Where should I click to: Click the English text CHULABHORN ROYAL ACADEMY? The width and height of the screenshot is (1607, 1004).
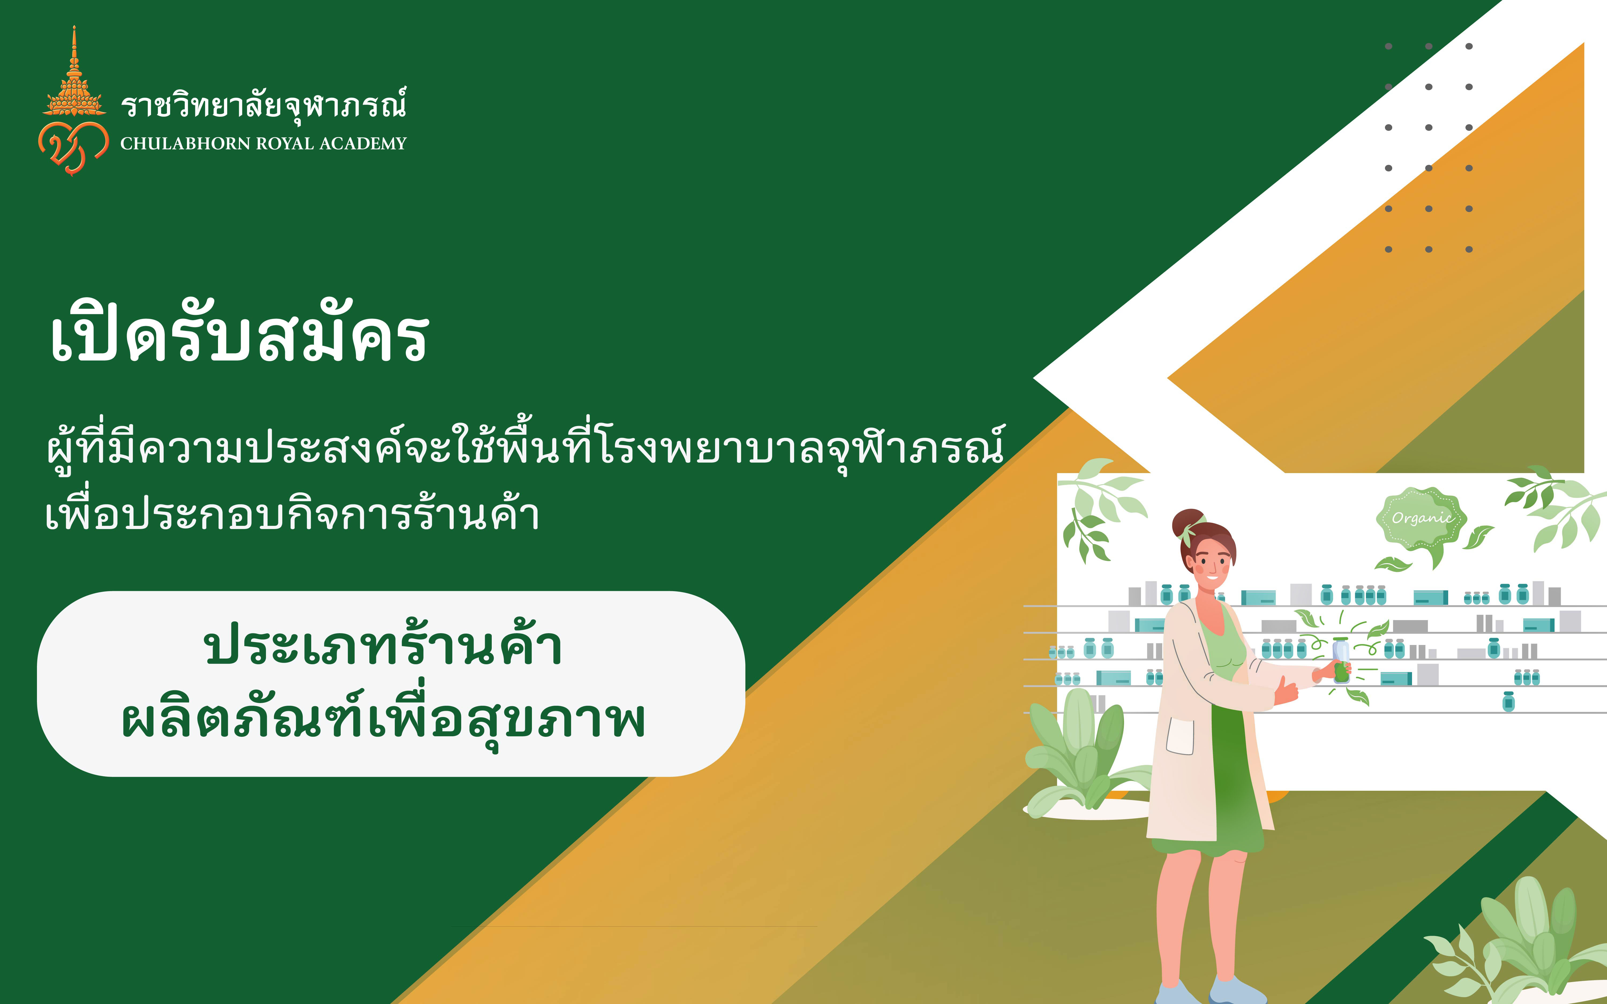(263, 144)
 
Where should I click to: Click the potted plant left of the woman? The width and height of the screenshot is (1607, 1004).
(1086, 757)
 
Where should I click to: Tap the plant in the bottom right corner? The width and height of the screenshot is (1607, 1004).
(1527, 943)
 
